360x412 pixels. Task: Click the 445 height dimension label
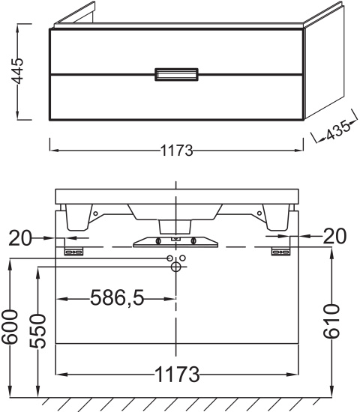(19, 71)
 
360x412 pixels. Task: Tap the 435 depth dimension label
(338, 130)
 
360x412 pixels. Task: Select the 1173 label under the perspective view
(176, 151)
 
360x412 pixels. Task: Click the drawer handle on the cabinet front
(176, 74)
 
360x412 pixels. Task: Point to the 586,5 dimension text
(117, 298)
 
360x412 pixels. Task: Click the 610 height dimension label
(331, 321)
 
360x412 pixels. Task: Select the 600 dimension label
(10, 327)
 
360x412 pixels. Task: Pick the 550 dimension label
(37, 331)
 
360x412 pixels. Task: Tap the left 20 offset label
(19, 237)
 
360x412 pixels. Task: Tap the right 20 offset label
(334, 236)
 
